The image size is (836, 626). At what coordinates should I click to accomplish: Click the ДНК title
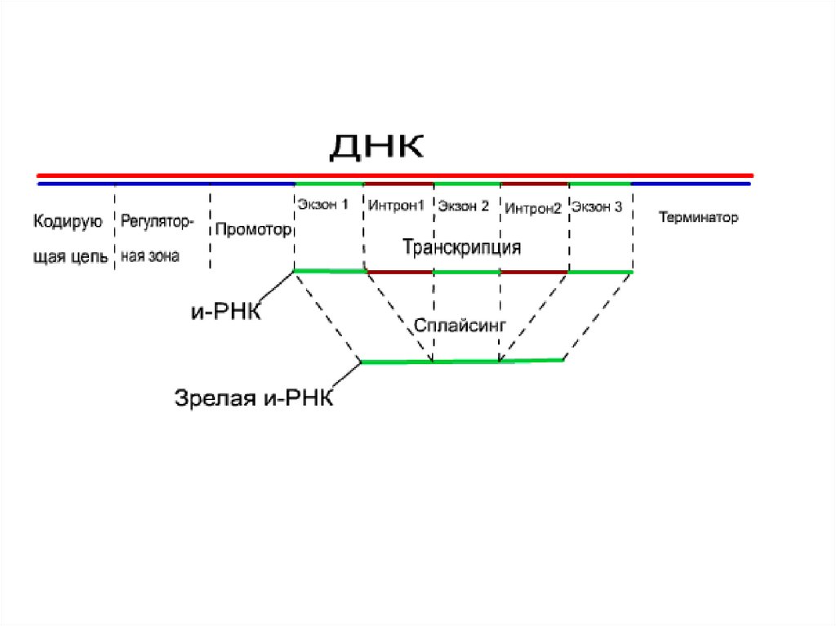point(376,148)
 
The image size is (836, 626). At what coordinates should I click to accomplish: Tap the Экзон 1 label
point(322,205)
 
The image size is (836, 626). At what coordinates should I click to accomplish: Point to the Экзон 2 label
point(463,206)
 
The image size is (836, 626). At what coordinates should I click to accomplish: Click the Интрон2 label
point(533,209)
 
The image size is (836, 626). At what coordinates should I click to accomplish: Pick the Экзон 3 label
point(597,207)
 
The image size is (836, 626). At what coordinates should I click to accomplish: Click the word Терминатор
point(698,218)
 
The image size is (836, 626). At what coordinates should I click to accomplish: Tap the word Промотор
point(253,229)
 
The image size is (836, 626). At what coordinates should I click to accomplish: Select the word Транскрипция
point(461,246)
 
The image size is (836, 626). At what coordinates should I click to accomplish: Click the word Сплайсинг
point(460,325)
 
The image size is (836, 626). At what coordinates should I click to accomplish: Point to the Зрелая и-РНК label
point(254,398)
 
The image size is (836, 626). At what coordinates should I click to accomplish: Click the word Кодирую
point(67,220)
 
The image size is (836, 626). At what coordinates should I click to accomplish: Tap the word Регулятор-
point(158,220)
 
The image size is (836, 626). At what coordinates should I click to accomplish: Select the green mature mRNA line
point(462,361)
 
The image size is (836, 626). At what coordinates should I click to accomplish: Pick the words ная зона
point(150,256)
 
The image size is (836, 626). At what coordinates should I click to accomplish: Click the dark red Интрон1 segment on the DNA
point(398,184)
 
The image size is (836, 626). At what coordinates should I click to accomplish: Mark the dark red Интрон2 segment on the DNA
point(534,184)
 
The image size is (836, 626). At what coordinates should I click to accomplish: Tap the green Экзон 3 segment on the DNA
point(599,184)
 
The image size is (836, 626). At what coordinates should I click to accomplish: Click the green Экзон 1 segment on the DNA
point(328,184)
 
